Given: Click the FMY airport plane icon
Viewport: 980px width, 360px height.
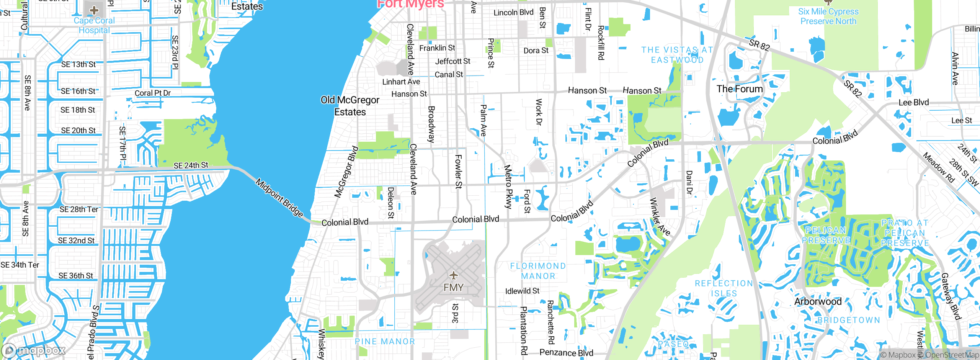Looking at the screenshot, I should pos(454,275).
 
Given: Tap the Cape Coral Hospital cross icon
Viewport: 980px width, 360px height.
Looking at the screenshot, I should pos(94,10).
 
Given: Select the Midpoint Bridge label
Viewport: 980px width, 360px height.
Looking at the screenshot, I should pos(279,198).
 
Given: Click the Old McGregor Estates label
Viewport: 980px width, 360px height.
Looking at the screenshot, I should pos(350,106).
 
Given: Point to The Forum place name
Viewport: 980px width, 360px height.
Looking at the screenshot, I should pos(740,89).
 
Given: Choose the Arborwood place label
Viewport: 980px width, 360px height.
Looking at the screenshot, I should pos(818,301).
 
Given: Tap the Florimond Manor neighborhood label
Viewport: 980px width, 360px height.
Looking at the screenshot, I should pos(538,271).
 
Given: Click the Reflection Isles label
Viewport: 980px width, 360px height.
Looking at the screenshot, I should pos(724,288).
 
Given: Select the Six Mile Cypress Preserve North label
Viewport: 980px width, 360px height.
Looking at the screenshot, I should pos(828,16).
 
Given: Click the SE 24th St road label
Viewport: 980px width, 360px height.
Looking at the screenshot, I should pos(191,165).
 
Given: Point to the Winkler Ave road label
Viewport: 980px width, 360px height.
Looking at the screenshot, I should pos(660,217).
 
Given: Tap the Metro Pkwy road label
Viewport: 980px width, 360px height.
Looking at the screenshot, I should pos(508,187).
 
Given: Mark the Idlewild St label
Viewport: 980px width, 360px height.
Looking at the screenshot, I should pos(522,291).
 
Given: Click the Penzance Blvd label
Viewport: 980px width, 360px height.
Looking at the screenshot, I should pos(566,353).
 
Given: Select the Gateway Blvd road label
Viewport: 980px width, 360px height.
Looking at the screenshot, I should pos(951,296).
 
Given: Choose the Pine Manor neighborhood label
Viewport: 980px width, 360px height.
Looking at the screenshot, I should pos(385,341).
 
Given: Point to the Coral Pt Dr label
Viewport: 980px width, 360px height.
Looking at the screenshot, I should pos(152,93).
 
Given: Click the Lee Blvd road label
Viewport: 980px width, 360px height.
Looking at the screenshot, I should pos(913,103).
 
